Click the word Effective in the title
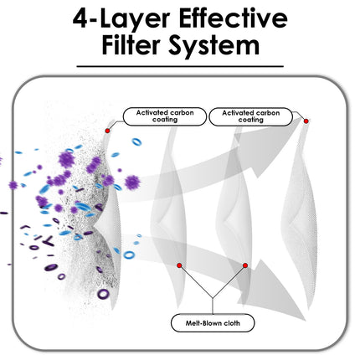[x=233, y=18]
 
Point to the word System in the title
[x=213, y=48]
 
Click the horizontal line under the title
[x=180, y=66]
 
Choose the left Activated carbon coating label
[x=165, y=116]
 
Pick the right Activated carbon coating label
[x=250, y=116]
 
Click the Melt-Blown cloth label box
[x=213, y=323]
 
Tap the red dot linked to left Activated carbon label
[x=107, y=131]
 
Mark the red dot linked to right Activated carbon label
[x=306, y=121]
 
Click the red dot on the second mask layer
[x=179, y=265]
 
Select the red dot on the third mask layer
[x=245, y=265]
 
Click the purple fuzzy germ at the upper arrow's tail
[x=132, y=183]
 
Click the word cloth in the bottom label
[x=232, y=323]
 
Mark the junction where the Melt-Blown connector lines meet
[x=213, y=298]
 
